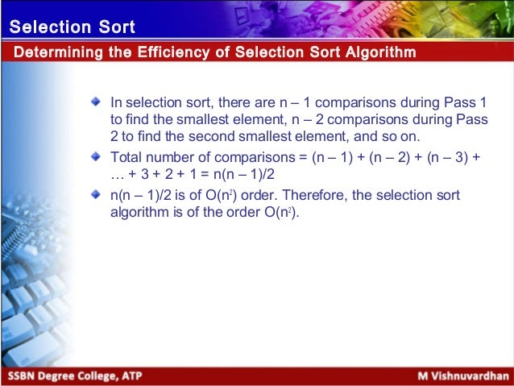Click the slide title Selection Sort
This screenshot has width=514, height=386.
pos(72,27)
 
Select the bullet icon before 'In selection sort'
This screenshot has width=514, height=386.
pos(97,102)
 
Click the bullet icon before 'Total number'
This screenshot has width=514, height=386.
pos(97,156)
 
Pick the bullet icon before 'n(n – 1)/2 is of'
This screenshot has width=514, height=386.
pos(97,194)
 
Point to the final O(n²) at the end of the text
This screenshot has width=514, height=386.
pos(278,214)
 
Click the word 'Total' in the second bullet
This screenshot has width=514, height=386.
pos(126,156)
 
